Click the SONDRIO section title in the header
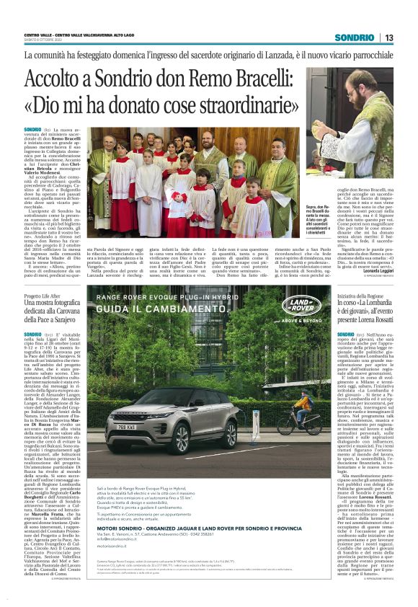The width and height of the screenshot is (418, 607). [354, 37]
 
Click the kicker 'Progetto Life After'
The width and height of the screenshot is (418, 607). [43, 296]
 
